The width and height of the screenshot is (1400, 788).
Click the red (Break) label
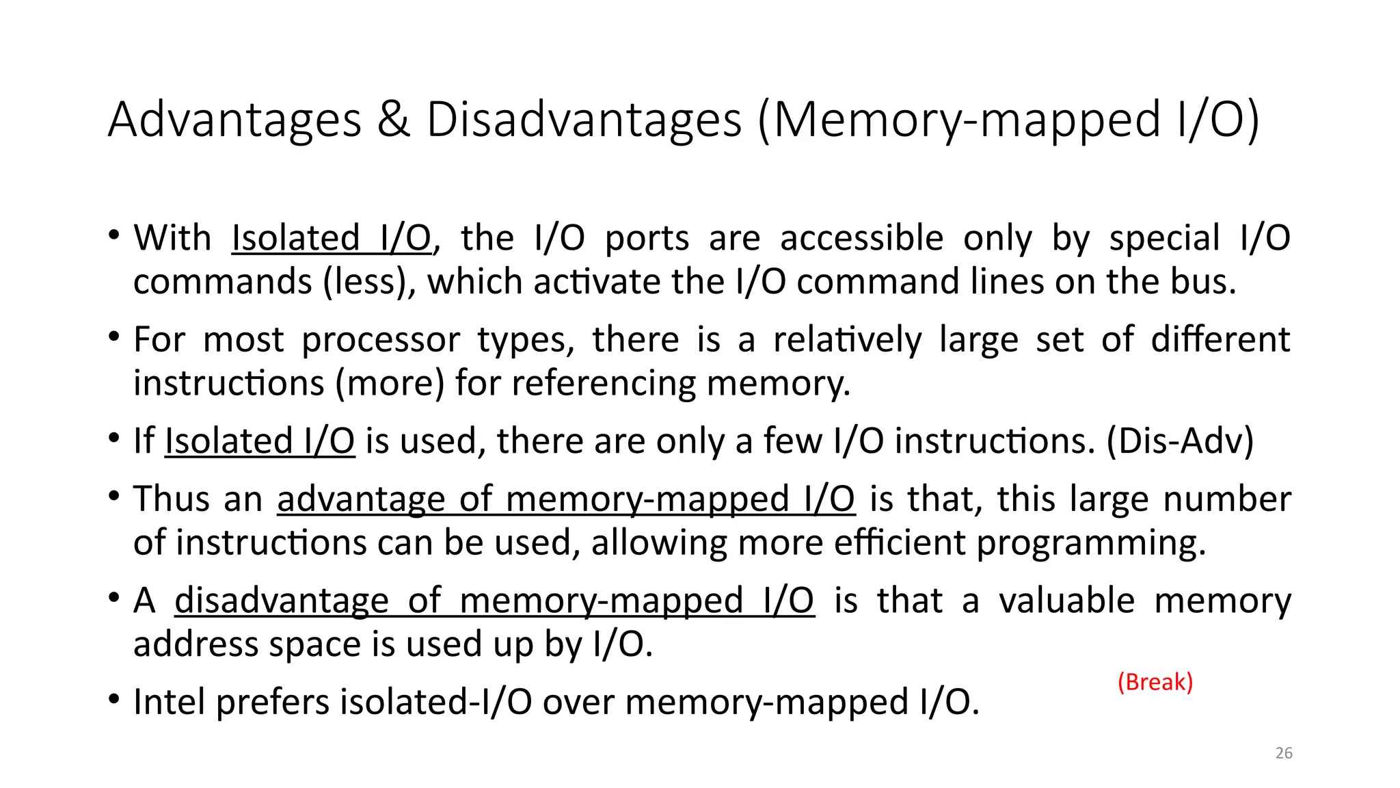(x=1155, y=682)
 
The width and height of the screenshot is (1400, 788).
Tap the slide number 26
(x=1284, y=753)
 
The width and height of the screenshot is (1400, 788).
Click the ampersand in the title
(x=394, y=120)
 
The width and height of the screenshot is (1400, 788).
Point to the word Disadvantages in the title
(x=584, y=120)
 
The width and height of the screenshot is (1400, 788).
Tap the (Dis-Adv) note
(x=1181, y=441)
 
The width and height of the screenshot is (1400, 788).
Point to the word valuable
(x=1067, y=601)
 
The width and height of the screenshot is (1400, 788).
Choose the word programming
(x=1091, y=544)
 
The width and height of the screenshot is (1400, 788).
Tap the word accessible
(x=861, y=238)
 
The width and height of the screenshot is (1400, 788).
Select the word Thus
(x=174, y=499)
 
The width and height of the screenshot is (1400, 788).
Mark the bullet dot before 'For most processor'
(x=114, y=337)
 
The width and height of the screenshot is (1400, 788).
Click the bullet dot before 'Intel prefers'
(x=114, y=700)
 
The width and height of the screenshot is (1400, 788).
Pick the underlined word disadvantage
(x=281, y=601)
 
